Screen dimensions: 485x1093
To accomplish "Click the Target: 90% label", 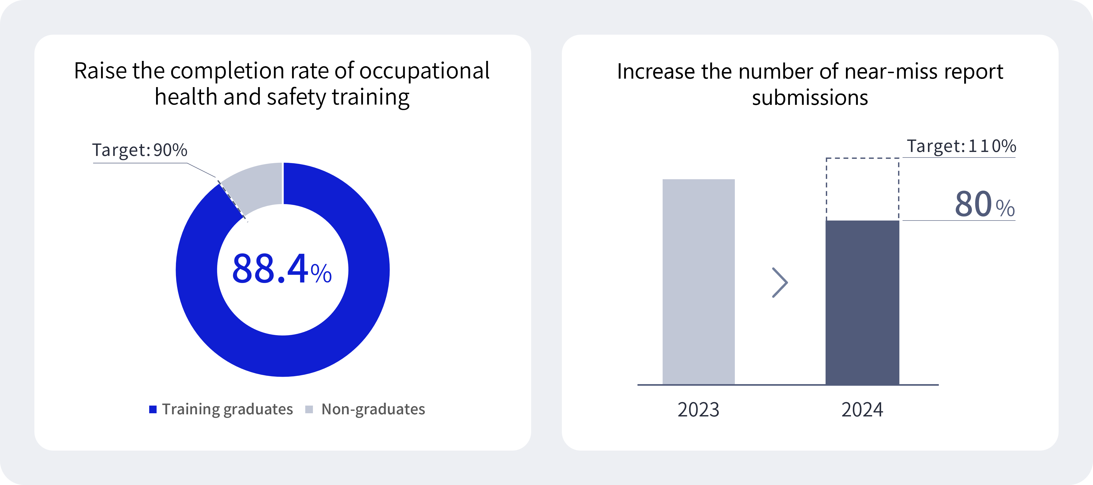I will (x=140, y=150).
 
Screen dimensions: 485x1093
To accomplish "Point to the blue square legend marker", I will (x=153, y=409).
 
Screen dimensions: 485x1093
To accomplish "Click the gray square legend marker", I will (x=309, y=409).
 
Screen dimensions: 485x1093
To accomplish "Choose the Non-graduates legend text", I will (x=373, y=409).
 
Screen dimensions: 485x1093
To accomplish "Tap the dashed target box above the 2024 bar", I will (x=862, y=189).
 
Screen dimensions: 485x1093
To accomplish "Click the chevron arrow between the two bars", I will (x=780, y=282).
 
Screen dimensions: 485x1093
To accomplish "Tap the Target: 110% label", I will (x=961, y=146).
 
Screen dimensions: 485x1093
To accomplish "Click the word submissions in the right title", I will (x=810, y=98).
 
